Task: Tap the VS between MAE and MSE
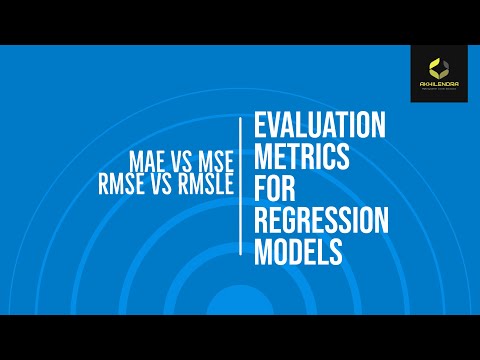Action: pyautogui.click(x=178, y=161)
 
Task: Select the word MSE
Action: pyautogui.click(x=210, y=161)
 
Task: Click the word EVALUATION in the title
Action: pyautogui.click(x=320, y=126)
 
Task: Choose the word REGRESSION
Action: pyautogui.click(x=320, y=221)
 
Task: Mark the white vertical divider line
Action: pyautogui.click(x=240, y=189)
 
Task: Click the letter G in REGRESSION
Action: pyautogui.click(x=290, y=221)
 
